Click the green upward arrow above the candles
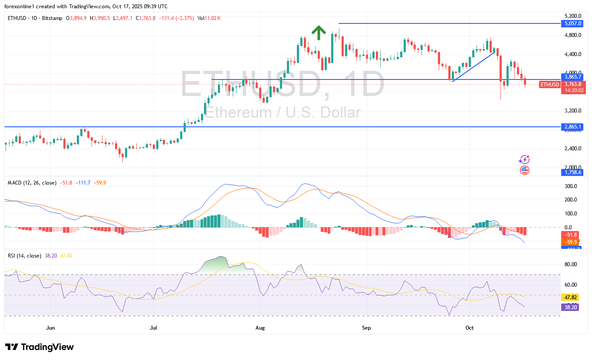coord(319,33)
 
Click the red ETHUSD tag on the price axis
coord(549,84)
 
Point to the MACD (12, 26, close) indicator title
coord(32,183)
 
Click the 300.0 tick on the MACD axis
coord(571,186)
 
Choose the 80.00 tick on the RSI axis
coord(571,264)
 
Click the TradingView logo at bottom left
coord(39,347)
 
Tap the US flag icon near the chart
coord(524,170)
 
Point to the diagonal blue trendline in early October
coord(473,66)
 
